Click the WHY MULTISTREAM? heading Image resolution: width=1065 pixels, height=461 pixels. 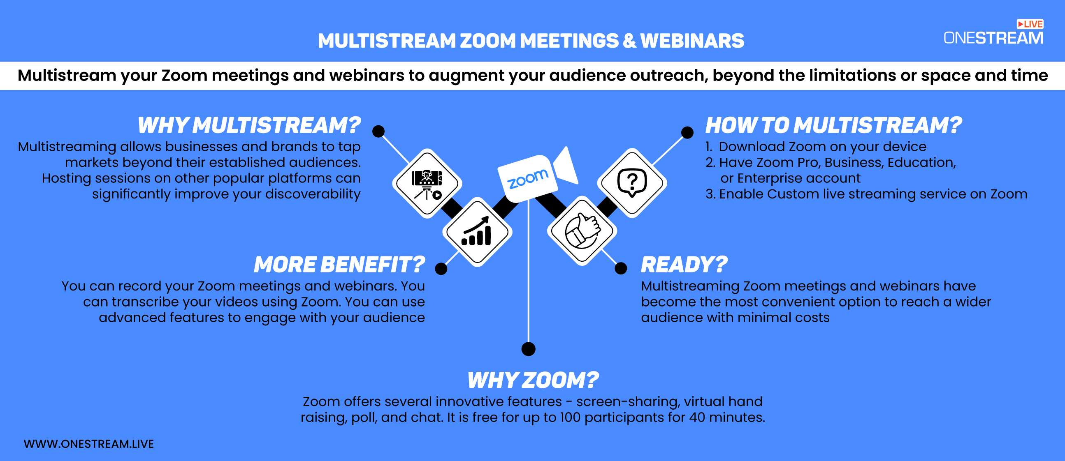click(249, 125)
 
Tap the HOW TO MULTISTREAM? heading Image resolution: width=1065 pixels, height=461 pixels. click(833, 125)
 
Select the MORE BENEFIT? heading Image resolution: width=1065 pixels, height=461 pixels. click(339, 264)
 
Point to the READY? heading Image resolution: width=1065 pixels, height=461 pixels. click(684, 264)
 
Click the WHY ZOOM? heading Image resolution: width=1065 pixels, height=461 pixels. click(533, 380)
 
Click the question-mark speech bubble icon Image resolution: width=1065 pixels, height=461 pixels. click(632, 182)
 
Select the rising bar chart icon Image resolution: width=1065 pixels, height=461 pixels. click(477, 231)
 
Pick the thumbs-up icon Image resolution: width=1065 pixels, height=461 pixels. click(582, 230)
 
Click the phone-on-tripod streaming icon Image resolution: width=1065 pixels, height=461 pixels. click(427, 184)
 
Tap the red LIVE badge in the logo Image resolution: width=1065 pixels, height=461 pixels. click(1030, 24)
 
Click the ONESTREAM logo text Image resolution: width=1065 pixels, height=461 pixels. click(993, 38)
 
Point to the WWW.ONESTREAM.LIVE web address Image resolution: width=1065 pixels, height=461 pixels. click(89, 444)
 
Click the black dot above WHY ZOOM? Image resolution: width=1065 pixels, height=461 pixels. click(528, 349)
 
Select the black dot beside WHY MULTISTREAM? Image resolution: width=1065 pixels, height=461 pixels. click(378, 131)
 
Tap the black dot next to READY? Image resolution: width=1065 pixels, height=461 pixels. click(621, 268)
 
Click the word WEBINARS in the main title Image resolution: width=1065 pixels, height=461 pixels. click(692, 41)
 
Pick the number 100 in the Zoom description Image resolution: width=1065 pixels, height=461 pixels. click(570, 417)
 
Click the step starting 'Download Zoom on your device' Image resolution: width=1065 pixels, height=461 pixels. click(816, 147)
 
